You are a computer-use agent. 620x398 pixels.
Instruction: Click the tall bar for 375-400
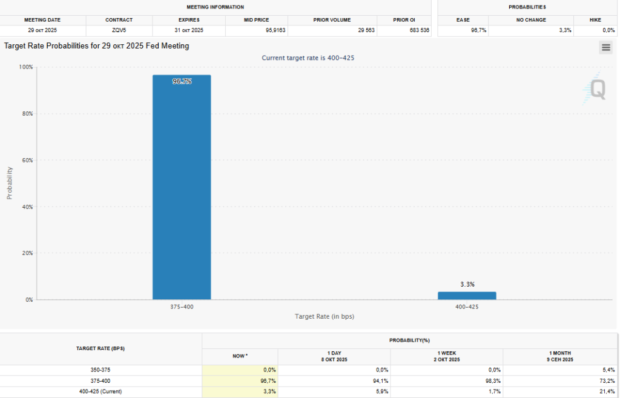pyautogui.click(x=182, y=187)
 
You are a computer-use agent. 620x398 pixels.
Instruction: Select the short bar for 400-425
pyautogui.click(x=467, y=296)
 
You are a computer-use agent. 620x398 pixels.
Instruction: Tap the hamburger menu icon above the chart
pyautogui.click(x=606, y=47)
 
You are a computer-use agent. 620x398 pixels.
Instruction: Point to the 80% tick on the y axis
pyautogui.click(x=27, y=114)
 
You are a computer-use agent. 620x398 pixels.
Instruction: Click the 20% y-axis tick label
pyautogui.click(x=27, y=253)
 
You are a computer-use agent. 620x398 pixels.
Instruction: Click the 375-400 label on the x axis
pyautogui.click(x=182, y=307)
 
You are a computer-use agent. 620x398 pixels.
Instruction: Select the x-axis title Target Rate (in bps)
pyautogui.click(x=325, y=317)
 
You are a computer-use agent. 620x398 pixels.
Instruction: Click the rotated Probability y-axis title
pyautogui.click(x=9, y=183)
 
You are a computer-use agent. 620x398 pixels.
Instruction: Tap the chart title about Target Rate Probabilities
pyautogui.click(x=97, y=46)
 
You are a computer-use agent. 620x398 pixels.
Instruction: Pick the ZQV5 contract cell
pyautogui.click(x=119, y=30)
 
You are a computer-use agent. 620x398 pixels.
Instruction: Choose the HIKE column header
pyautogui.click(x=595, y=20)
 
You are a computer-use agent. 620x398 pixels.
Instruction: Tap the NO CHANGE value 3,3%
pyautogui.click(x=563, y=30)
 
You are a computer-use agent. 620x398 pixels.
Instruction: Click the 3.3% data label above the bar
pyautogui.click(x=467, y=284)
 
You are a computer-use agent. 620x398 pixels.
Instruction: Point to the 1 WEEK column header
pyautogui.click(x=447, y=356)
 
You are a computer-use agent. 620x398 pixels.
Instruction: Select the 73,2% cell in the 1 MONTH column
pyautogui.click(x=606, y=380)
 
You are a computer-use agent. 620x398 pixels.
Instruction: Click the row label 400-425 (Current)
pyautogui.click(x=101, y=391)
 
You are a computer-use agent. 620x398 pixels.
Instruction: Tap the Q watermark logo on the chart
pyautogui.click(x=596, y=90)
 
